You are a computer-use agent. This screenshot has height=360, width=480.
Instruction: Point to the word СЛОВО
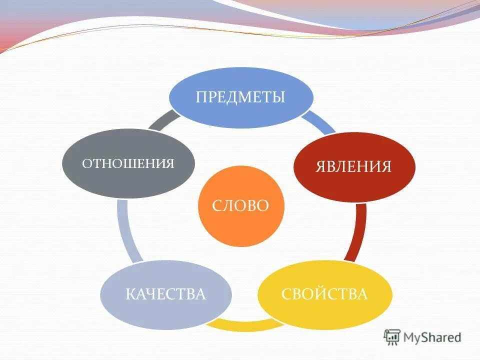(241, 205)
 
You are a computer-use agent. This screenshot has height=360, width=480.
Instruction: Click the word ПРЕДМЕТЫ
(240, 96)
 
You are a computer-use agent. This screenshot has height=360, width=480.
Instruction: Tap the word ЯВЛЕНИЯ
(353, 166)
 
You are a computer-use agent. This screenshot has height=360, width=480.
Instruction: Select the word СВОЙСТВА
(324, 294)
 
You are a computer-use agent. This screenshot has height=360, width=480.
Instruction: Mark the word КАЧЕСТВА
(166, 294)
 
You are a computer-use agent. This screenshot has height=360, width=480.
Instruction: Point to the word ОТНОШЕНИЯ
(128, 163)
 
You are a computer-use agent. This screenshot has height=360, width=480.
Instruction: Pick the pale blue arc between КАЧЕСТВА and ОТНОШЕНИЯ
(124, 230)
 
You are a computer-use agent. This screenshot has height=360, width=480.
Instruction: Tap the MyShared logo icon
(392, 337)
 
